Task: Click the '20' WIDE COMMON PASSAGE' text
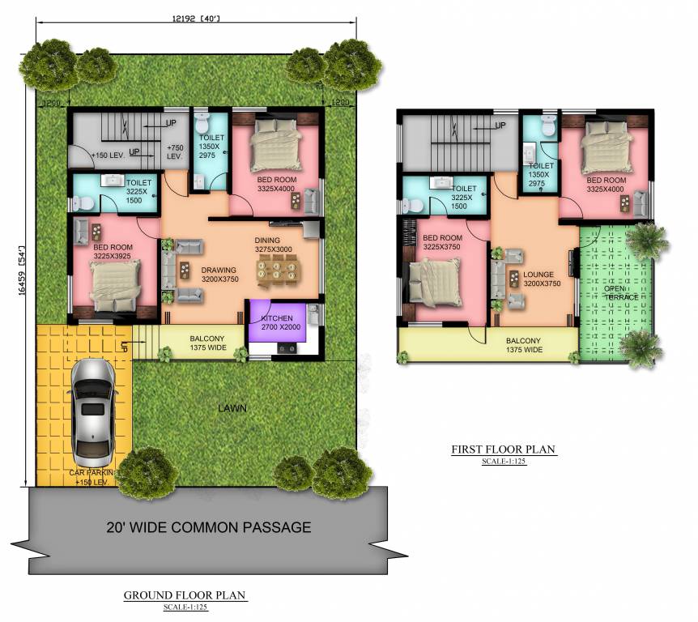point(209,527)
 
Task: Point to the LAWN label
point(232,408)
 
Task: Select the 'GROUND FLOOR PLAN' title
point(185,595)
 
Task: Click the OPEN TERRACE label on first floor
point(620,292)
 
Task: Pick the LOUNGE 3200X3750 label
point(538,279)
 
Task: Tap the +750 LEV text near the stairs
point(174,152)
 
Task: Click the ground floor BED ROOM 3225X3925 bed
point(111,284)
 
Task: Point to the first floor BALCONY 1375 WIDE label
point(525,345)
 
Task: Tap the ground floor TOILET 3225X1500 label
point(138,193)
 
